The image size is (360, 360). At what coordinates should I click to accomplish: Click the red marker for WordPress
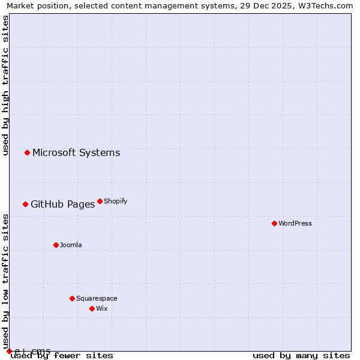(x=274, y=223)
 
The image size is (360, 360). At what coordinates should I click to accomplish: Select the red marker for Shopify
(x=100, y=201)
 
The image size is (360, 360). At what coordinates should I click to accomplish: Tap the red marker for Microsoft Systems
(x=27, y=152)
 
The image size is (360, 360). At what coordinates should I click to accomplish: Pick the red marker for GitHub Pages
(x=25, y=204)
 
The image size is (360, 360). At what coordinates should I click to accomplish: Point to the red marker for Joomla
(x=56, y=245)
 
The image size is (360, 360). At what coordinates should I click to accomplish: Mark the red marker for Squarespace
(x=72, y=298)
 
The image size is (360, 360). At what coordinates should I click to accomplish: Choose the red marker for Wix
(x=92, y=308)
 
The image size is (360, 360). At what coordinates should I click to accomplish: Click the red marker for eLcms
(x=9, y=351)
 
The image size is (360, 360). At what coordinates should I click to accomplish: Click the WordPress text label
(x=295, y=223)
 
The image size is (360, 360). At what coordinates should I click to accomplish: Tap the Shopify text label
(x=116, y=201)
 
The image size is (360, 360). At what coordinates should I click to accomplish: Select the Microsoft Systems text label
(x=76, y=152)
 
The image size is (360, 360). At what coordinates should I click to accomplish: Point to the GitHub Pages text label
(x=62, y=204)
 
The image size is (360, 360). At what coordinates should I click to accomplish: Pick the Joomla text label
(x=71, y=245)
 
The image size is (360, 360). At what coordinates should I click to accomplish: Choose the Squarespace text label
(x=97, y=298)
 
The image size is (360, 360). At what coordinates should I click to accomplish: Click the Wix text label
(x=101, y=308)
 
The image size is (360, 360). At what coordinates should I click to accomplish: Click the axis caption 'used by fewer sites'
(x=62, y=355)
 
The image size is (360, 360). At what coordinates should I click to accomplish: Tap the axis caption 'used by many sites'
(x=301, y=355)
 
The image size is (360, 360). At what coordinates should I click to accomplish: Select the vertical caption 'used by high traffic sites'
(x=6, y=85)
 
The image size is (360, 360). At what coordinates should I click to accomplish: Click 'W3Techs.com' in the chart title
(x=327, y=6)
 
